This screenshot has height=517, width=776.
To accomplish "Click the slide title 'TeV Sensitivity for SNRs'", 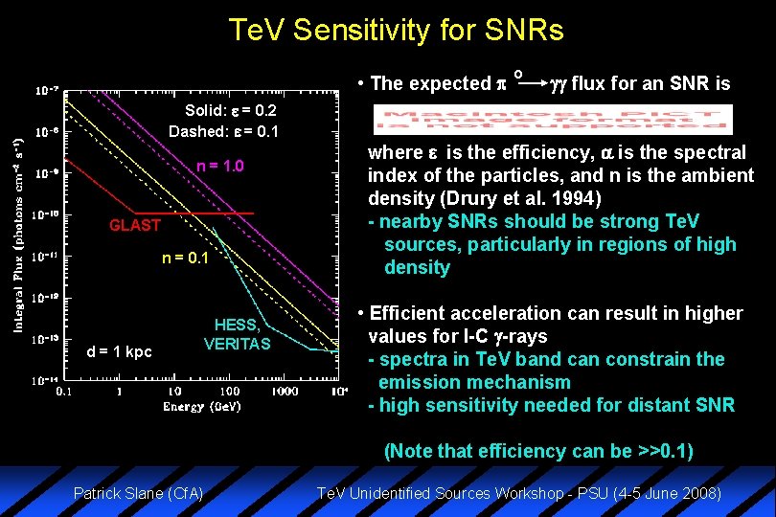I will coord(396,31).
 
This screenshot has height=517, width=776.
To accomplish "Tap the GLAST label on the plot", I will coord(134,226).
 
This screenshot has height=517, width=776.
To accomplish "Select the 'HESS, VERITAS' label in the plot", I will coord(238,334).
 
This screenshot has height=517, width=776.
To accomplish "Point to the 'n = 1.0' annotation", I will coord(221,167).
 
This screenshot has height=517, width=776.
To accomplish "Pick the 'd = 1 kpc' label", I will coord(120,351).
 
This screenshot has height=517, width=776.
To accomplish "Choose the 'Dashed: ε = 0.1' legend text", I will coord(223,131).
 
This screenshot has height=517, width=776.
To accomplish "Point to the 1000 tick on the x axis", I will coord(284,392).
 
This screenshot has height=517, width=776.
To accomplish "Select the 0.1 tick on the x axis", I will coord(63,392).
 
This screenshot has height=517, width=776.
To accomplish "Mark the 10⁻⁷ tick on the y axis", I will coord(44,91).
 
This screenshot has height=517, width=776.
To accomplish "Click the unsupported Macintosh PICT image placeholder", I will coord(553,120).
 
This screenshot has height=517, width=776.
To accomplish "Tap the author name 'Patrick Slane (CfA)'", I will coord(139,494).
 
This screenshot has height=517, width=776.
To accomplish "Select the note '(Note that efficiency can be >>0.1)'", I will coord(538,451).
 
